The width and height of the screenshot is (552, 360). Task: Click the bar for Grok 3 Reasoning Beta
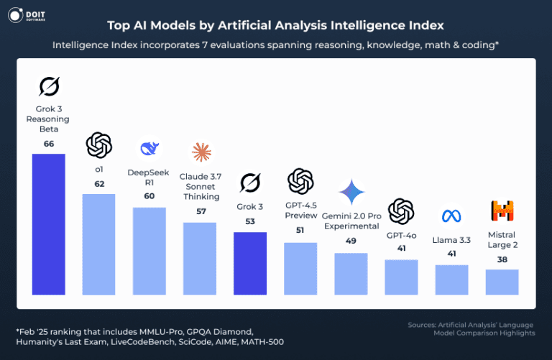click(49, 224)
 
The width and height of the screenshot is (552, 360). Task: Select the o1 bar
click(99, 244)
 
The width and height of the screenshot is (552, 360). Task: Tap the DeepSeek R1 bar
click(149, 251)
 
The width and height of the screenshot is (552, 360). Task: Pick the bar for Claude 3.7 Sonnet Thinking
click(200, 258)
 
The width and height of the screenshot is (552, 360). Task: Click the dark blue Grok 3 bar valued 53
click(250, 263)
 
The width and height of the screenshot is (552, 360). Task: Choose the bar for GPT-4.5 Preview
click(300, 268)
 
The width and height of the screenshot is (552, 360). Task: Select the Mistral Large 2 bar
click(502, 282)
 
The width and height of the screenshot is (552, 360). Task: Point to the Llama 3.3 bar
click(451, 280)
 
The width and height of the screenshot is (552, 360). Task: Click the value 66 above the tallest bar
click(49, 144)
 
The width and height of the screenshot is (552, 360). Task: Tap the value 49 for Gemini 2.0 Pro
click(351, 241)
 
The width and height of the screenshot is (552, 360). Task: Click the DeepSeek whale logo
click(149, 149)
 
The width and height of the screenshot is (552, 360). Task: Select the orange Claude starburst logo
click(201, 152)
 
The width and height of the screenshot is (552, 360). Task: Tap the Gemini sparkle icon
click(351, 193)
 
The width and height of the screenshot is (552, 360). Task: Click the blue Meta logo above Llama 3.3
click(451, 216)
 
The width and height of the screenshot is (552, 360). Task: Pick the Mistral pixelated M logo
click(502, 211)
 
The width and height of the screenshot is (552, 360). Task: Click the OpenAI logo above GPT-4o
click(401, 211)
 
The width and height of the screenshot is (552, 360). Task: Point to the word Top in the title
click(119, 25)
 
